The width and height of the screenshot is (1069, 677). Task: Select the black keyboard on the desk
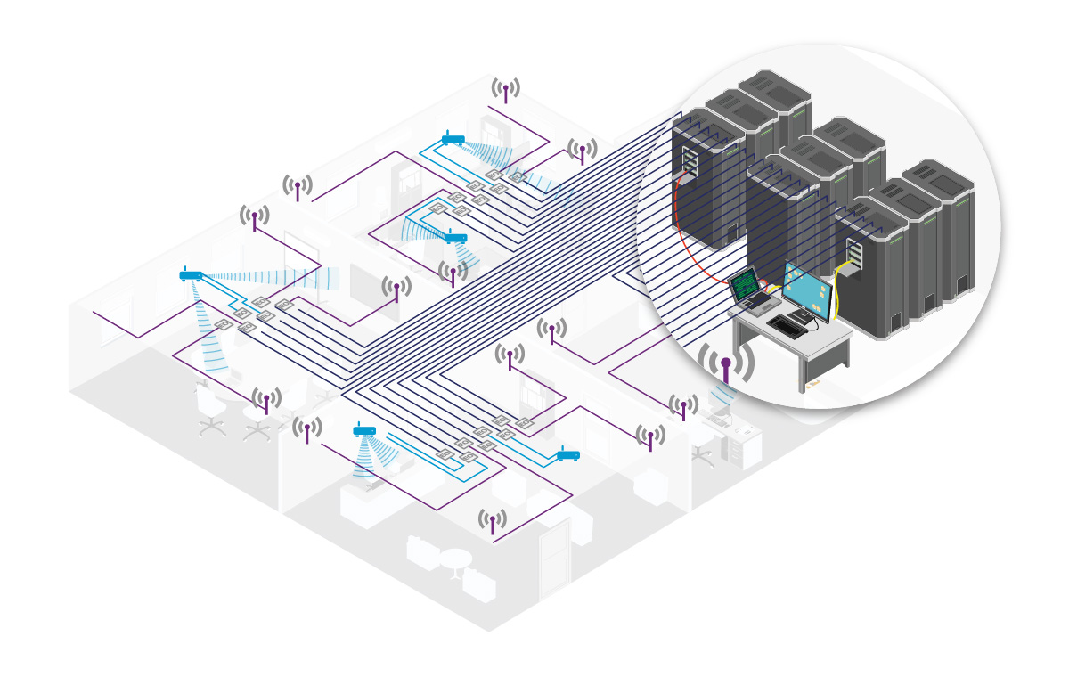point(788,324)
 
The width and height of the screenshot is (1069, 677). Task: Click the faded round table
point(455,560)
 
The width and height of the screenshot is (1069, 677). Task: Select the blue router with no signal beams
point(568,455)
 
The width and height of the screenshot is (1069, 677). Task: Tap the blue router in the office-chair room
point(192,275)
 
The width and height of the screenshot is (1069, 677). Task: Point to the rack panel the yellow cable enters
point(854,254)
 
